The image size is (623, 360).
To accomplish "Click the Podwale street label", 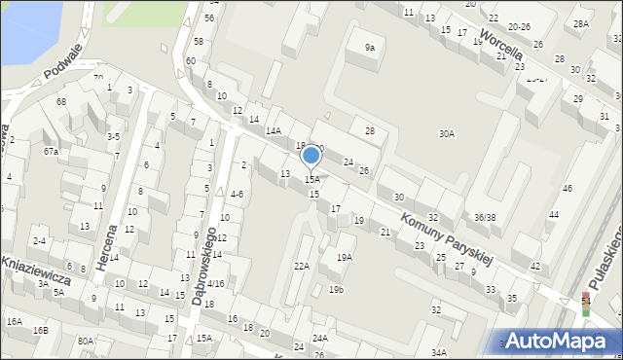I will pos(62,67).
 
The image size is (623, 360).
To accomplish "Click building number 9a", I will pos(369,47).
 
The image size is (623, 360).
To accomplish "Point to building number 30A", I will pos(447,134).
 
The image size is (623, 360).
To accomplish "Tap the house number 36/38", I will pos(485,217).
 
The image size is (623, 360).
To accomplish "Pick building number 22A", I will pos(302,266).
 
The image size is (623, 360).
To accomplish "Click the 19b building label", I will pos(336,289).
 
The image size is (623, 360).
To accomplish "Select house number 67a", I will pos(51,151).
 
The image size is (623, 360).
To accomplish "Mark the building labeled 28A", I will pos(581,23).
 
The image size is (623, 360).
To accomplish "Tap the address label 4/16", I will pos(215,283).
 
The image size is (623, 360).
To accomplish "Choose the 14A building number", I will pos(274,130).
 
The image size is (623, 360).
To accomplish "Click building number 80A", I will pos(86,341).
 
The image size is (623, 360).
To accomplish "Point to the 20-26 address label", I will pos(519,26).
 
